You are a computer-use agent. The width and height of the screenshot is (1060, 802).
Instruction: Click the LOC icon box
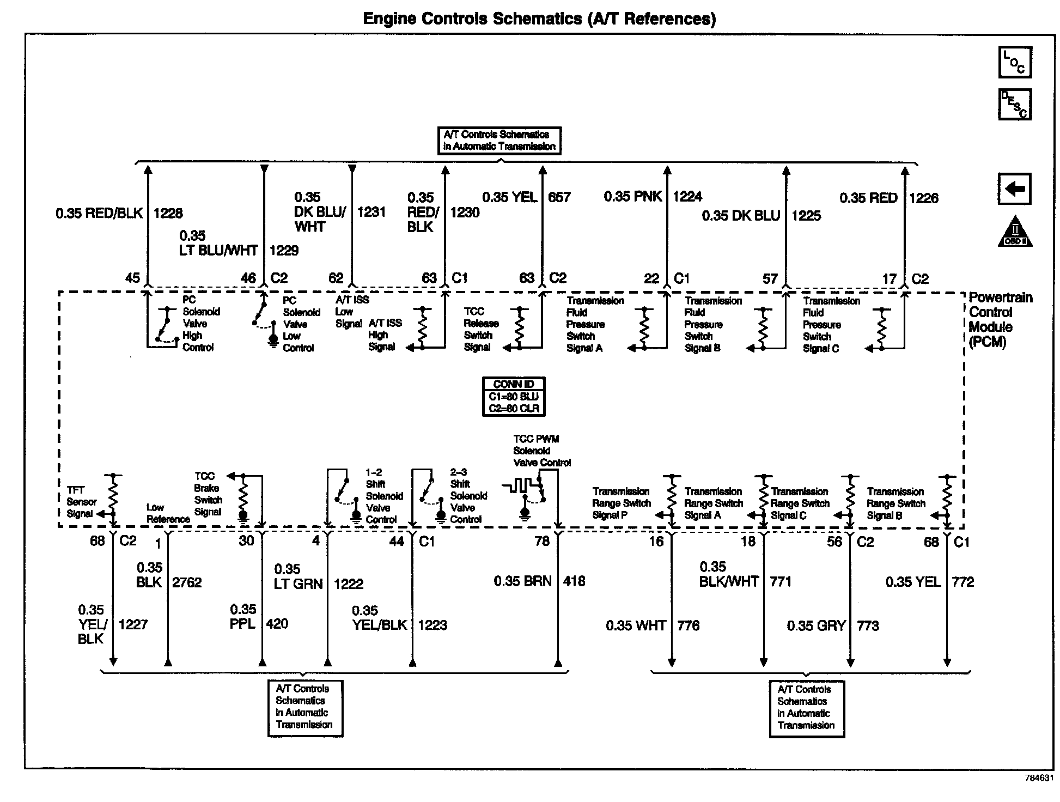[x=1015, y=62]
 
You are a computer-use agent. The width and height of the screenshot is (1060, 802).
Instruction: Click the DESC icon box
[x=1015, y=104]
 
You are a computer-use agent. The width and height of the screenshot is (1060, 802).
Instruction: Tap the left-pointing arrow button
[x=1014, y=189]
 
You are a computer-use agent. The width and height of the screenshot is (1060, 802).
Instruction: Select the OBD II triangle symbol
[x=1015, y=233]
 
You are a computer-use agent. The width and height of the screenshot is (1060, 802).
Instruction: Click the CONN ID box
[x=514, y=397]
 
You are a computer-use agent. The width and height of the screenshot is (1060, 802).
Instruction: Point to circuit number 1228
[x=168, y=213]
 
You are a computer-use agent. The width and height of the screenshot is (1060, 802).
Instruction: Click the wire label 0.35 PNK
[x=632, y=196]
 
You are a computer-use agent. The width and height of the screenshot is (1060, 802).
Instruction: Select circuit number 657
[x=559, y=197]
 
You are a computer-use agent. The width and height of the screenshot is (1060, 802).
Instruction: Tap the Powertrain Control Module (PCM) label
[x=1000, y=320]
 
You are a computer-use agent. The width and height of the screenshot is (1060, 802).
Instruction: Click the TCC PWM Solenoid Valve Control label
[x=541, y=451]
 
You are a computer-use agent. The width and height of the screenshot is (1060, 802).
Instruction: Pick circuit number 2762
[x=187, y=582]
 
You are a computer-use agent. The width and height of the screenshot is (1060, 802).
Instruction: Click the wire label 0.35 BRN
[x=522, y=581]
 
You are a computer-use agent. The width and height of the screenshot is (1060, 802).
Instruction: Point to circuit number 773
[x=868, y=625]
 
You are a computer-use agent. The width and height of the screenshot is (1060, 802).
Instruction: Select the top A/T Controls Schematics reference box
[x=499, y=141]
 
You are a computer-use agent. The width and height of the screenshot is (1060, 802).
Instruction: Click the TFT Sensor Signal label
[x=81, y=502]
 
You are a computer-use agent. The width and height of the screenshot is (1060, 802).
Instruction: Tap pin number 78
[x=541, y=541]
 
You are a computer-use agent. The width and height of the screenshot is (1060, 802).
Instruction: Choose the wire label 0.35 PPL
[x=243, y=617]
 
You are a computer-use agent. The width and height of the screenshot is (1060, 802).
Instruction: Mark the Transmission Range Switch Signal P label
[x=621, y=503]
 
